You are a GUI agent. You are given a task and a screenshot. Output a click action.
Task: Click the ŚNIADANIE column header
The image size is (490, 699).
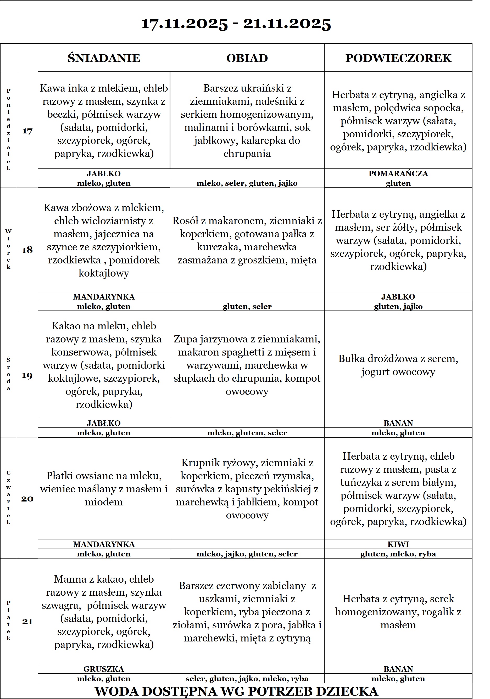(104, 58)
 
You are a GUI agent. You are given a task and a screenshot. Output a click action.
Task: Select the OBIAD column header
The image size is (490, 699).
(247, 58)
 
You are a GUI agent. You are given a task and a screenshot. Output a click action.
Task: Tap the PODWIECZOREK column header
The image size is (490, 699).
(398, 58)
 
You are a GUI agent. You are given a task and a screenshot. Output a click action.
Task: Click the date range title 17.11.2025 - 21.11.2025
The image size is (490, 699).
(236, 24)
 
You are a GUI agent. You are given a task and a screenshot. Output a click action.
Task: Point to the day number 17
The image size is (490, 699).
(27, 131)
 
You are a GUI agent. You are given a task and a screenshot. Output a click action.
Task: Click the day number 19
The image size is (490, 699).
(27, 375)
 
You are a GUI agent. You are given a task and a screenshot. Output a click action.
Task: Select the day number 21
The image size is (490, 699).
(27, 621)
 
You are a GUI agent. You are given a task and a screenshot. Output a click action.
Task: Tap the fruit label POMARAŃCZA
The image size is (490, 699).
(398, 173)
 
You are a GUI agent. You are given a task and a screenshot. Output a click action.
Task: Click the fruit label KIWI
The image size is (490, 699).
(398, 544)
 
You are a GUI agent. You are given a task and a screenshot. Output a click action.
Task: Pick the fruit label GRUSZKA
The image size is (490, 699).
(104, 669)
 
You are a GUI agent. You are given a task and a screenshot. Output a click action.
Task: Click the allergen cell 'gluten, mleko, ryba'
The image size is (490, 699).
(398, 554)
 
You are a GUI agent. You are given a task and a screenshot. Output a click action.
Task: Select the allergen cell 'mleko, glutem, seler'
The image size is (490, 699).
(247, 433)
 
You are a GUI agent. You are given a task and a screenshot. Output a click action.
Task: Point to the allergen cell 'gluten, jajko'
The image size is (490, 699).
(398, 306)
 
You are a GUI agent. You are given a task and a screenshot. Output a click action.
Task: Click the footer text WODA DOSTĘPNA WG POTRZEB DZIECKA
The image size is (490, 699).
(236, 691)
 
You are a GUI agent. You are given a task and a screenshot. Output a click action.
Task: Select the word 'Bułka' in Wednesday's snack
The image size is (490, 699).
(351, 359)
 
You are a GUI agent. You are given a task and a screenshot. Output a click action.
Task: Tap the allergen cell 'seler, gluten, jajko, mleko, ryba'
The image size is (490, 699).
(247, 679)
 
